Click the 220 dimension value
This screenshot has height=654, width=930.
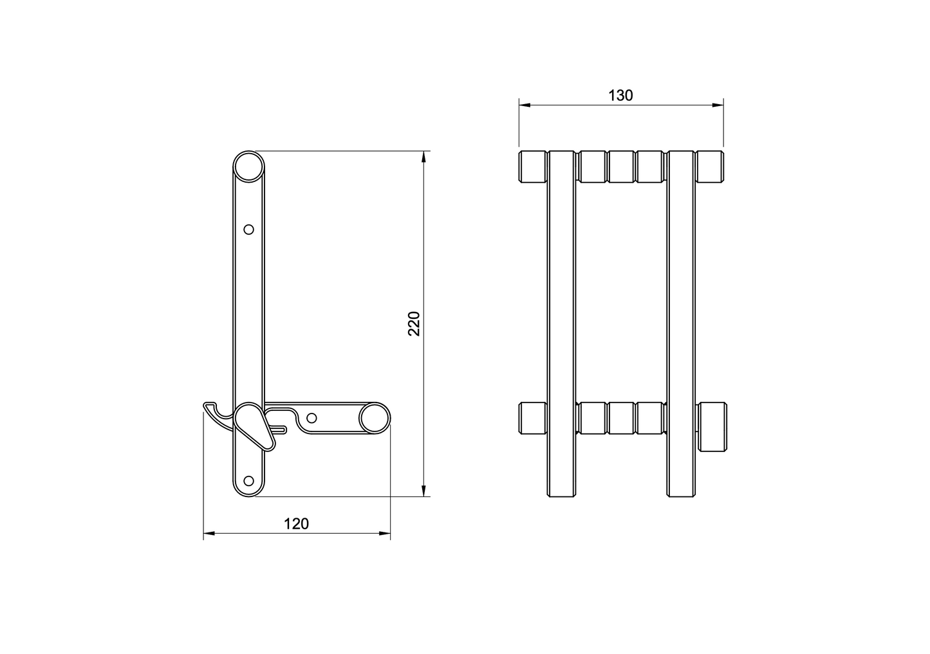[x=414, y=323]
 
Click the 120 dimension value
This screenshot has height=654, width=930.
[x=296, y=524]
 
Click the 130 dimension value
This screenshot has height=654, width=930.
[x=620, y=95]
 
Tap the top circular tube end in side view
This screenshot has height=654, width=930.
[x=248, y=167]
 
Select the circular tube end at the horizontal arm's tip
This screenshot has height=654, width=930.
[x=375, y=418]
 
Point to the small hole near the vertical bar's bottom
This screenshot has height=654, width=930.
[x=248, y=481]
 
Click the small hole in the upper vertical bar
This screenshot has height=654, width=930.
[x=248, y=230]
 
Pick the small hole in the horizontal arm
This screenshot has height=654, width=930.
[x=312, y=418]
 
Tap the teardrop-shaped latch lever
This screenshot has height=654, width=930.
[x=254, y=426]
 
